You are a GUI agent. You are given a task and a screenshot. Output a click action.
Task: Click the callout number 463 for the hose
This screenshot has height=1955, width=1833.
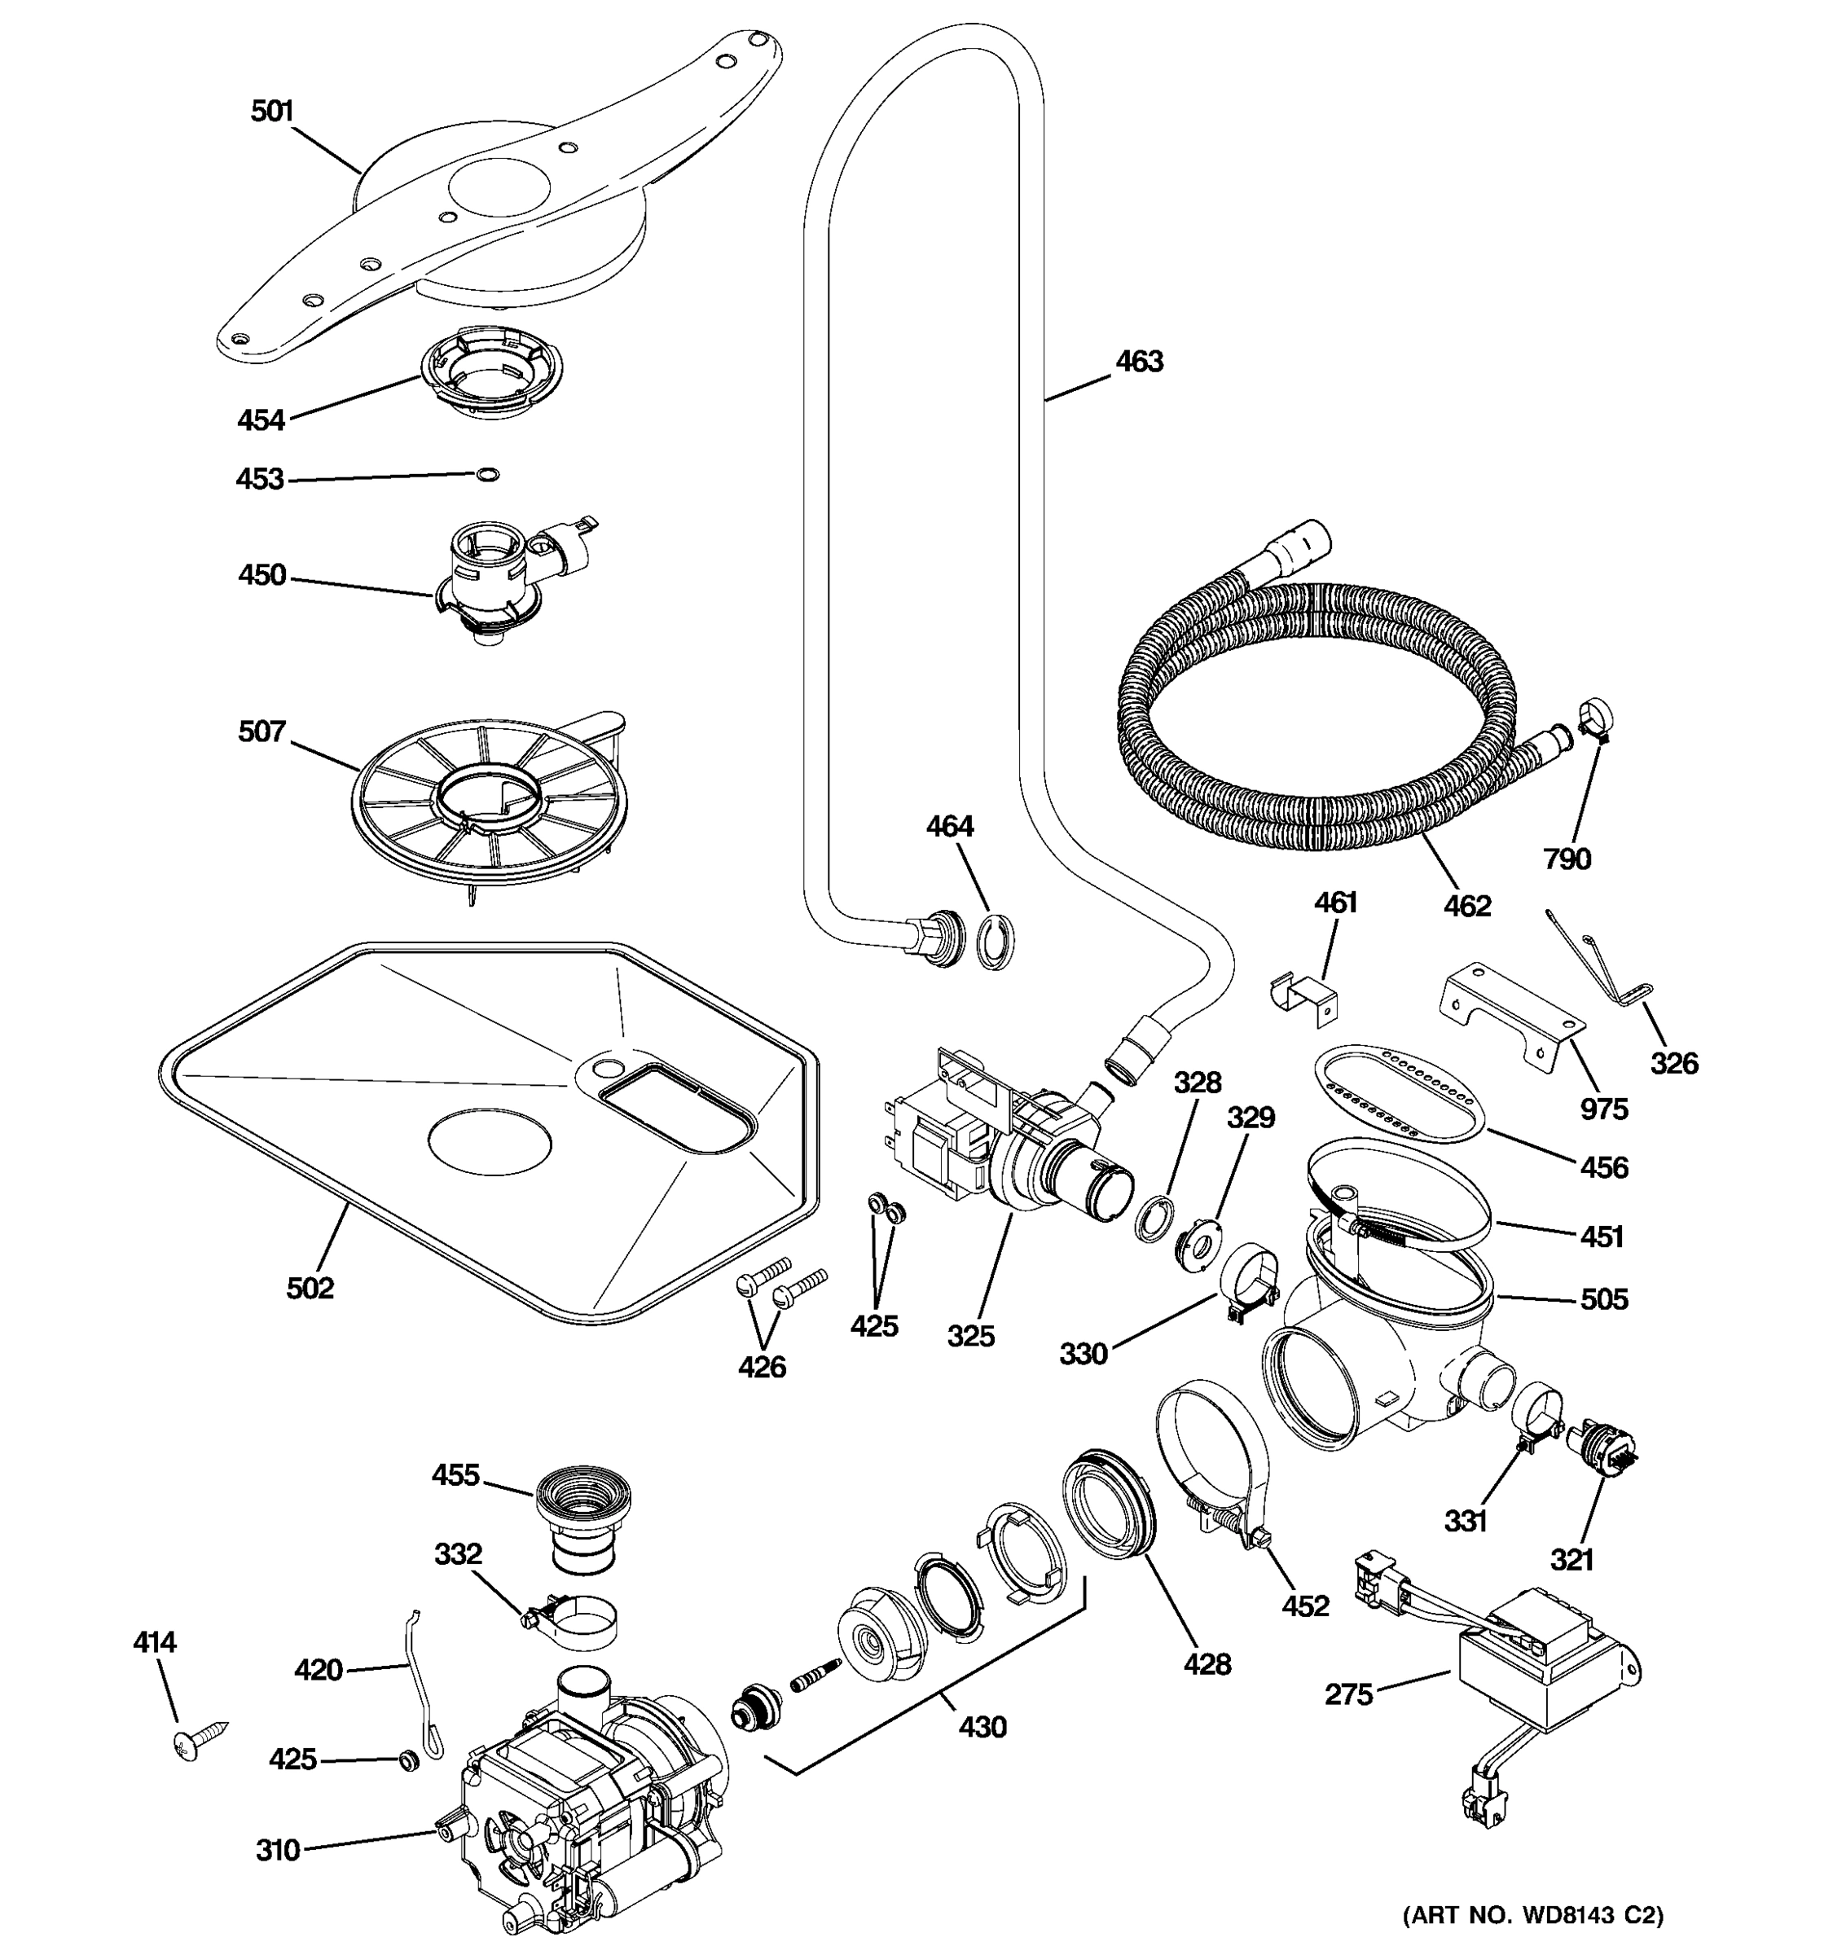pos(1139,362)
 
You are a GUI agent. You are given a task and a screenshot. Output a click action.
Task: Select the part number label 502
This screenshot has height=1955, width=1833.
pos(310,1287)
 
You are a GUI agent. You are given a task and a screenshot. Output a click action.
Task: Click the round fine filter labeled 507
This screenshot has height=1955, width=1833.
pos(489,798)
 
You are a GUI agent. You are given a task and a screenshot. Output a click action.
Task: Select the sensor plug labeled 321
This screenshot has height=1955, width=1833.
pos(1605,1449)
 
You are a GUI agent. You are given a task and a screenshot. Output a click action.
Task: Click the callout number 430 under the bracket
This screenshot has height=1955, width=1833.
pos(982,1726)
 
